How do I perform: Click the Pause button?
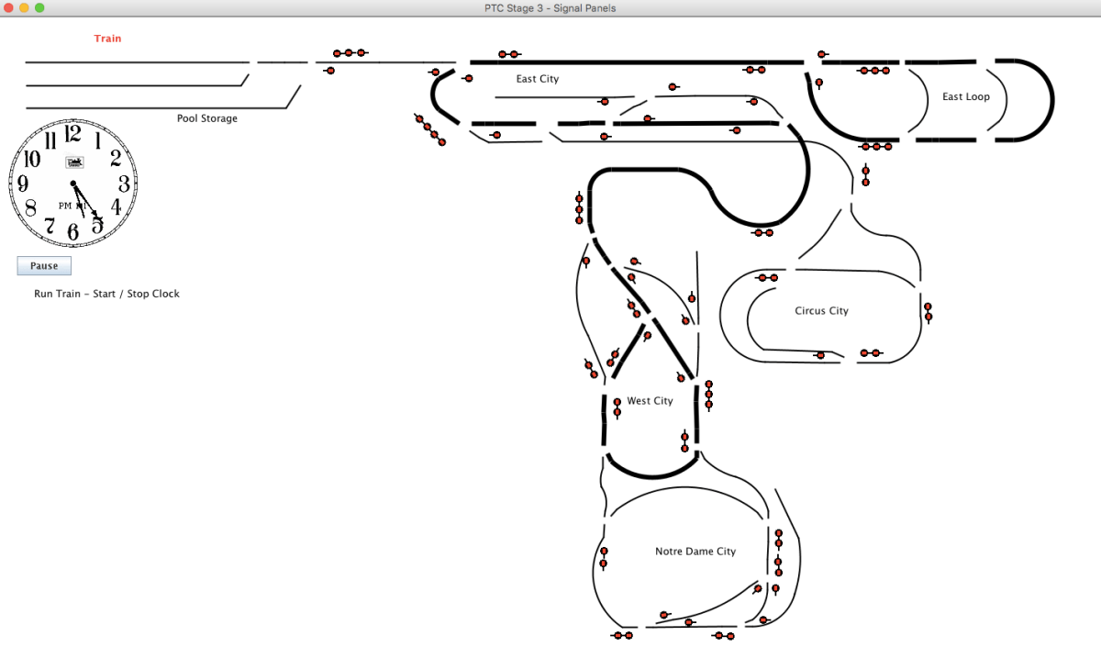click(44, 266)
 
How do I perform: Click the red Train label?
click(107, 39)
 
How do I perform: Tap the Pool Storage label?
click(207, 118)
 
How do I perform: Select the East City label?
click(538, 79)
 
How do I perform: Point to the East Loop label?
click(966, 96)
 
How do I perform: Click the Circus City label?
click(821, 311)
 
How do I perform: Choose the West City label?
click(650, 401)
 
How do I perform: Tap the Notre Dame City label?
click(695, 552)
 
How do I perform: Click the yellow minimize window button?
click(25, 7)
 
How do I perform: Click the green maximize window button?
click(39, 7)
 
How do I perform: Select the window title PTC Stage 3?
click(550, 8)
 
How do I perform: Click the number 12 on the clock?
click(73, 135)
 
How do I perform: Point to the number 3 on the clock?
click(124, 184)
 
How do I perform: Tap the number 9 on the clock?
click(23, 184)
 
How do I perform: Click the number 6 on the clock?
click(73, 232)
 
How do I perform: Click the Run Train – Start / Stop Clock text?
click(106, 294)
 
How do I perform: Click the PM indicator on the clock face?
click(65, 206)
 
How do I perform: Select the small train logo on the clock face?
click(74, 162)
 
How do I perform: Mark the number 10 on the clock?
click(31, 159)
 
